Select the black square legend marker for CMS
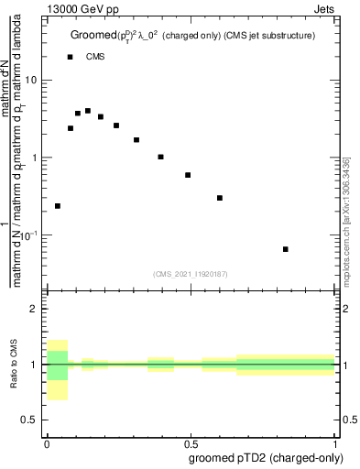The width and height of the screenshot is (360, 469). coord(70,57)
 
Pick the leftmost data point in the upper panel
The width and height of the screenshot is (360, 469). coord(58,206)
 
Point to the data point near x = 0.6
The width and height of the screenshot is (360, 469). coord(220,198)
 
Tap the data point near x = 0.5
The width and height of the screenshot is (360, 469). coord(188,175)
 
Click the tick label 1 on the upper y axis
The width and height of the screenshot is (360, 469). coord(37,158)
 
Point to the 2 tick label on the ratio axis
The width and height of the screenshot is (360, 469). coord(37,309)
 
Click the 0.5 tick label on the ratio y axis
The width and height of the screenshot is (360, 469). coord(33,420)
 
